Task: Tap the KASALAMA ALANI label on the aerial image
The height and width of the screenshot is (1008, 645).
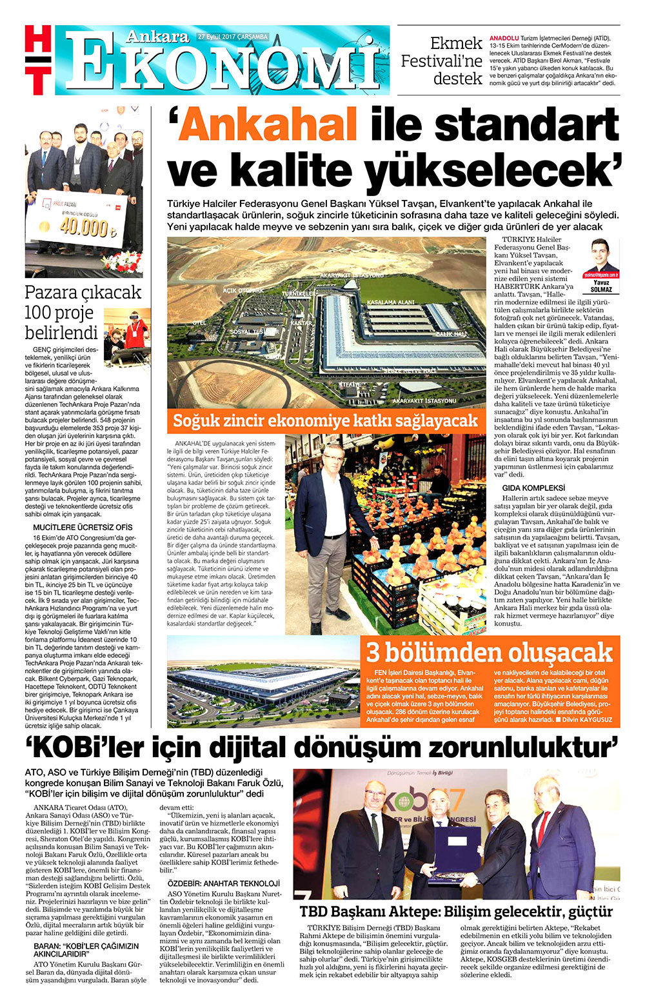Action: [x=390, y=302]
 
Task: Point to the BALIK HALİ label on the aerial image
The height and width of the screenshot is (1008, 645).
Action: [x=451, y=334]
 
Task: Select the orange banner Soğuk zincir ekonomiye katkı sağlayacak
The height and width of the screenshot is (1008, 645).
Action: [x=325, y=421]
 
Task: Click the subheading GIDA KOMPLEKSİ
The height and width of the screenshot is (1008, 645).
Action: [x=533, y=488]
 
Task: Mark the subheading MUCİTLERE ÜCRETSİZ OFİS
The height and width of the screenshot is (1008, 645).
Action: [x=83, y=527]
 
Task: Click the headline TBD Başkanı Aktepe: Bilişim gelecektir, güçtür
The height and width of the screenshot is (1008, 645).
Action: [x=456, y=912]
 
